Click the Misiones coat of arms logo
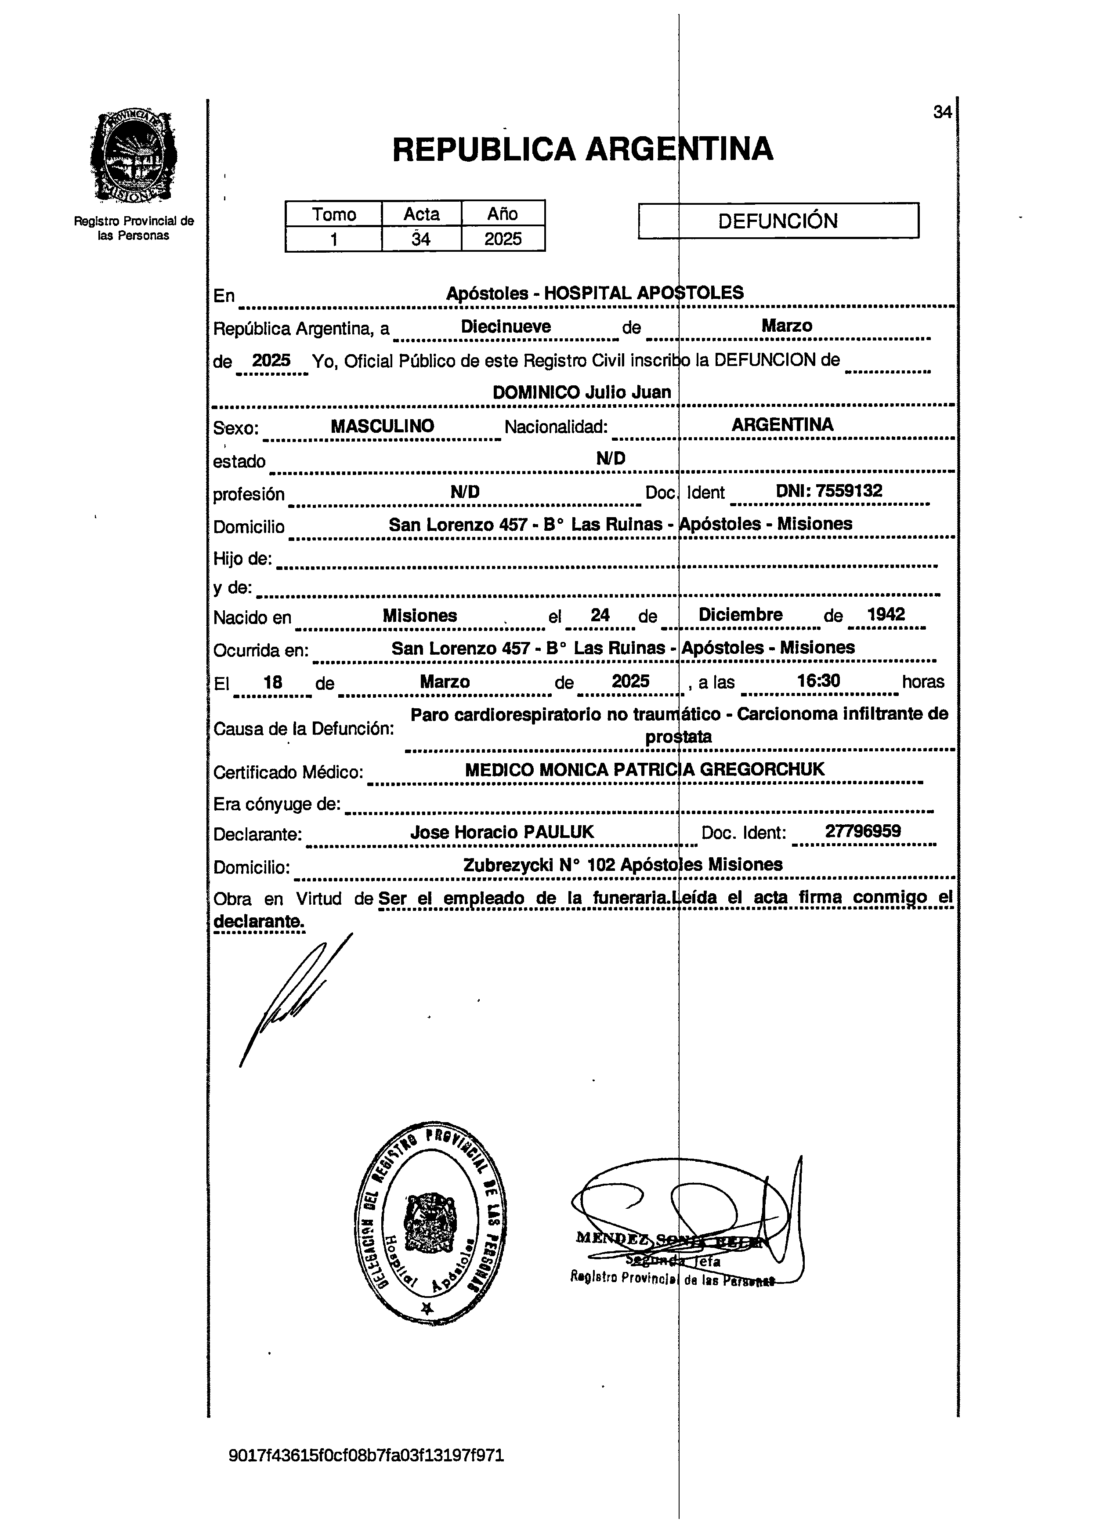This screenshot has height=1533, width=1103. click(134, 157)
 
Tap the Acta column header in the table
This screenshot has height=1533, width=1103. click(422, 214)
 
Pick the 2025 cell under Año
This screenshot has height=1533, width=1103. click(503, 239)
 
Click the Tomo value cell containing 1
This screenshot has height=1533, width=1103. click(333, 239)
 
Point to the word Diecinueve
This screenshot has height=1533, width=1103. click(506, 326)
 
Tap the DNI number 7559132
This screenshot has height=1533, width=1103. click(849, 491)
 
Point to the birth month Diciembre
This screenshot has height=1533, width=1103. click(740, 615)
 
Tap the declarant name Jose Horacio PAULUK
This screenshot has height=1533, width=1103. click(502, 832)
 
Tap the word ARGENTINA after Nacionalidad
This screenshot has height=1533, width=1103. click(782, 424)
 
